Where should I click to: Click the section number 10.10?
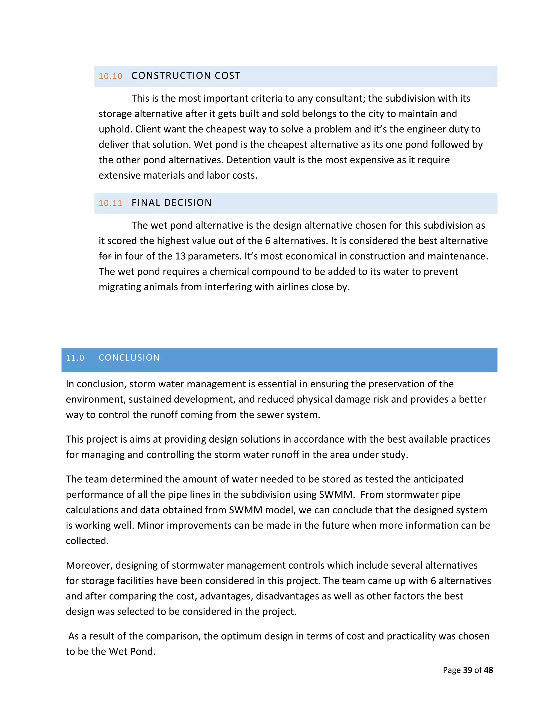click(110, 76)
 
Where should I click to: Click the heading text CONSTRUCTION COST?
click(186, 76)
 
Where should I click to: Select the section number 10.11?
click(110, 203)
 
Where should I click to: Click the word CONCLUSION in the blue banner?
click(129, 358)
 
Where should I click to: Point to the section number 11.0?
click(75, 358)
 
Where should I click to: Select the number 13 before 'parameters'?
click(180, 256)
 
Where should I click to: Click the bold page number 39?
click(467, 670)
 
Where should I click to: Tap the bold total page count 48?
click(488, 670)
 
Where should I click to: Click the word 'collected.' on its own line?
click(87, 541)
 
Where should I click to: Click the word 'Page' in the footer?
click(452, 670)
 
